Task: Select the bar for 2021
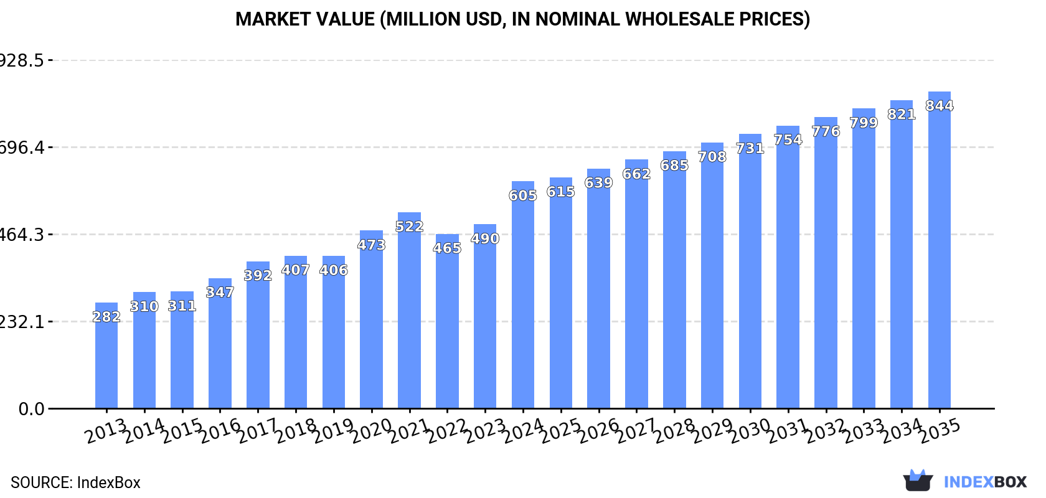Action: click(x=409, y=311)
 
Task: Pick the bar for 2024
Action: click(x=523, y=295)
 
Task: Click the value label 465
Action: click(x=447, y=248)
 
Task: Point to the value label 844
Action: click(x=939, y=106)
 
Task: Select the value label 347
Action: click(x=220, y=293)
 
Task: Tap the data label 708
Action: click(x=712, y=157)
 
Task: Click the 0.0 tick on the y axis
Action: click(x=31, y=409)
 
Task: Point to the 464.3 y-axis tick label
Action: click(x=22, y=235)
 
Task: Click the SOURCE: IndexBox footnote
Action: click(x=75, y=482)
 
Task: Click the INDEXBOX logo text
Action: click(x=985, y=482)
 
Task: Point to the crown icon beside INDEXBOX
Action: click(x=918, y=480)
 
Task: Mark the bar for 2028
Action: click(x=674, y=280)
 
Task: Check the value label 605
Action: click(x=523, y=195)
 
